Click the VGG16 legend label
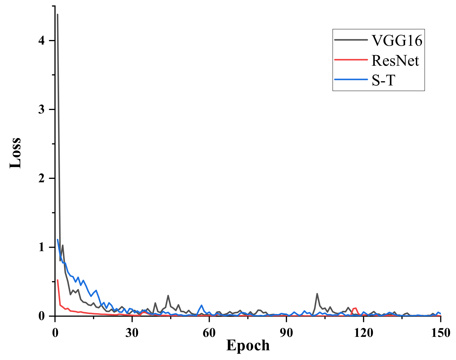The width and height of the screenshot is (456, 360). click(x=397, y=41)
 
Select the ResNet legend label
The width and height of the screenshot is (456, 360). click(x=395, y=61)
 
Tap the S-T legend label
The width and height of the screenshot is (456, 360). click(x=383, y=80)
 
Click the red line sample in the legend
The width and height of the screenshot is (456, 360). click(x=351, y=60)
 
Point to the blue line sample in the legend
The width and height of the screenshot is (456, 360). click(x=351, y=79)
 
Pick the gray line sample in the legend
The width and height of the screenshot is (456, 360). click(x=351, y=40)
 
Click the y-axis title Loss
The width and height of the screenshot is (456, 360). click(x=15, y=153)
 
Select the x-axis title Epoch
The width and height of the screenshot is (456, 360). click(x=248, y=345)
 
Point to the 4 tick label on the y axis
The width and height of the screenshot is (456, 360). click(x=42, y=41)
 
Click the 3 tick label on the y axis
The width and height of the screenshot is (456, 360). click(x=42, y=109)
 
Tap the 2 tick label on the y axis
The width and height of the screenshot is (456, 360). click(x=42, y=178)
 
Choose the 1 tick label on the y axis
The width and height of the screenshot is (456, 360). click(x=42, y=247)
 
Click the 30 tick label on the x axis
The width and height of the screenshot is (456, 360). click(x=132, y=333)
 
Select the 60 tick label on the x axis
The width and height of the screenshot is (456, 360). click(x=209, y=333)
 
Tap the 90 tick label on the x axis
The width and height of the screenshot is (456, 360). click(x=286, y=333)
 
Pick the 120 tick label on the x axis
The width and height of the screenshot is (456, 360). click(x=363, y=333)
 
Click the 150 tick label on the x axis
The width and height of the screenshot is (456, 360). click(x=441, y=333)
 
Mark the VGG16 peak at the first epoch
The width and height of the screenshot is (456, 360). click(x=57, y=14)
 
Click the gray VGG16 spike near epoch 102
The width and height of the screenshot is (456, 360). click(x=317, y=294)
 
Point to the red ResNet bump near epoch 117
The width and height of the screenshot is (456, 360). click(x=356, y=308)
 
